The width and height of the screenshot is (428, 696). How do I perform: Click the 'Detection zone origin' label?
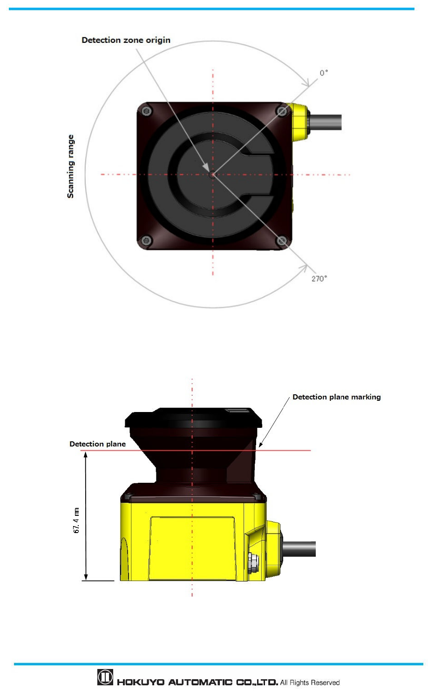[x=126, y=40]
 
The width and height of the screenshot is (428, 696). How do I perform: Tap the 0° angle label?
[x=324, y=73]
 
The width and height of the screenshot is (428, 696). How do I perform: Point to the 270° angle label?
[x=319, y=279]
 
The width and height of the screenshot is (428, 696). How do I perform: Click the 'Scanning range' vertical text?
[x=70, y=166]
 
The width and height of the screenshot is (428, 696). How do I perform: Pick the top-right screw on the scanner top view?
[x=282, y=111]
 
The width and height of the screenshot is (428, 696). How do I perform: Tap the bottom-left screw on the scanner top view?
[x=146, y=240]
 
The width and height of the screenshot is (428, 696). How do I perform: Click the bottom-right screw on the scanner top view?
[x=282, y=241]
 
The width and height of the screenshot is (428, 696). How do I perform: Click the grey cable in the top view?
[x=325, y=122]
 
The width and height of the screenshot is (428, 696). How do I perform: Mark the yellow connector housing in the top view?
[x=299, y=122]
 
